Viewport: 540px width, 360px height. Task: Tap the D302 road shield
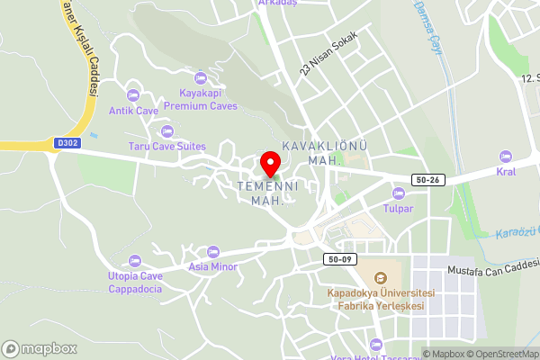point(67,142)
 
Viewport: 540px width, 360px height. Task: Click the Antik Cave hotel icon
point(134,95)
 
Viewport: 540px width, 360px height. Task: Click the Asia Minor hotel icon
point(212,251)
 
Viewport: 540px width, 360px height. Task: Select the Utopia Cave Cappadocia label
point(135,283)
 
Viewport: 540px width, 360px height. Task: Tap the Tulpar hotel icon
point(399,193)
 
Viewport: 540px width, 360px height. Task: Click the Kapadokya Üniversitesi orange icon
point(381,278)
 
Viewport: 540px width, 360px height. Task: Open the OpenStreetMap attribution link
point(501,354)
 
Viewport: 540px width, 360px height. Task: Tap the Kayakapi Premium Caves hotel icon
point(201,77)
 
